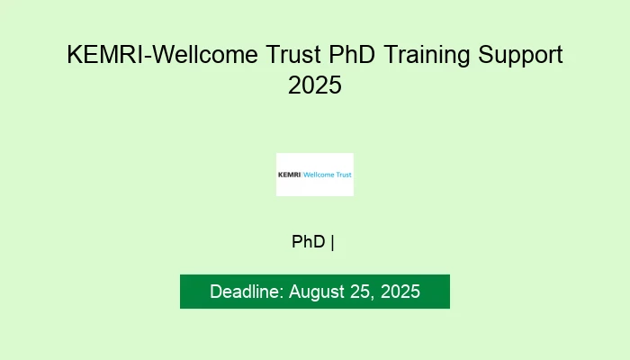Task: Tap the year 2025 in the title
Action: [x=315, y=86]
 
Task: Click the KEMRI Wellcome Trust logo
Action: [x=315, y=175]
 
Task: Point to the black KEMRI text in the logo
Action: [x=290, y=175]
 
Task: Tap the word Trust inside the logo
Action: [x=343, y=175]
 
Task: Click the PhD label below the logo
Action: [x=309, y=241]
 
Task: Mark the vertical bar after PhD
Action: [x=333, y=241]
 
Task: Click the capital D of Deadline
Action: [x=216, y=292]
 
